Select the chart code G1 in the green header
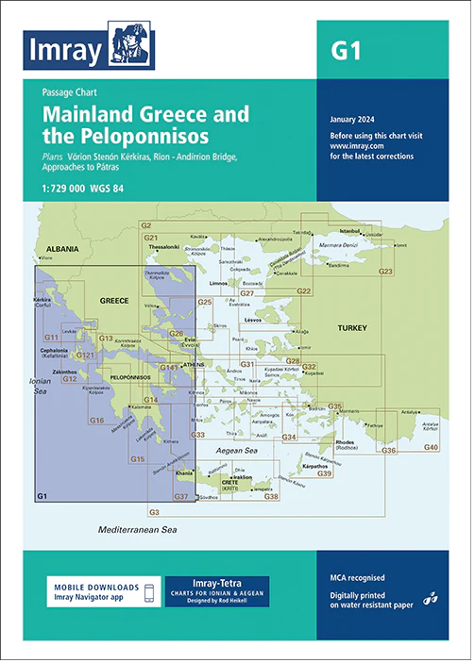[x=346, y=51]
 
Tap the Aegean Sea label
[x=245, y=452]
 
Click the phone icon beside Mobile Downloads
[x=148, y=591]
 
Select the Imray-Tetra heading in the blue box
[x=217, y=584]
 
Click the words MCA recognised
[x=358, y=577]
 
